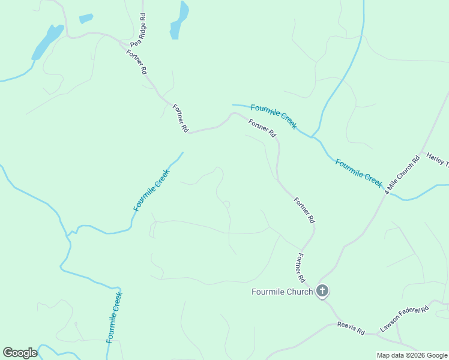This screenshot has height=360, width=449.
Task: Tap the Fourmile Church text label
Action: click(282, 292)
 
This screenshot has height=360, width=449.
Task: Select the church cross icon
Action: click(322, 292)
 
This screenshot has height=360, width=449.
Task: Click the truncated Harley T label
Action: click(437, 160)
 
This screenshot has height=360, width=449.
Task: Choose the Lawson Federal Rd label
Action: click(405, 319)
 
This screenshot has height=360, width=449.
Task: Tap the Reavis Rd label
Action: click(351, 328)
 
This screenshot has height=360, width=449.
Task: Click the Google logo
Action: click(20, 353)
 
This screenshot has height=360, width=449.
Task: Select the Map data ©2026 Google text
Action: click(412, 355)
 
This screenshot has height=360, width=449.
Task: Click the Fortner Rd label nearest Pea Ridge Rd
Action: click(136, 61)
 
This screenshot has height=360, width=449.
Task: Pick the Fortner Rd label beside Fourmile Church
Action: click(300, 268)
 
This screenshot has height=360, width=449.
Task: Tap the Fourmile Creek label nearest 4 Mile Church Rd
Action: click(358, 173)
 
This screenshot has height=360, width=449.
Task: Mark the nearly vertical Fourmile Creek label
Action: click(114, 317)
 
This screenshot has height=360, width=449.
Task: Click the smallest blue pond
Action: click(86, 19)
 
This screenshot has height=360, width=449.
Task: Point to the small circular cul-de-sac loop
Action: click(227, 205)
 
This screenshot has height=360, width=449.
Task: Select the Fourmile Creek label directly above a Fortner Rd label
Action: click(273, 116)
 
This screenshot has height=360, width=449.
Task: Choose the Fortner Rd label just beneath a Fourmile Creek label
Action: click(262, 128)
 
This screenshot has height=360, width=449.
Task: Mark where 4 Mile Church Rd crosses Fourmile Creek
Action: click(385, 193)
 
